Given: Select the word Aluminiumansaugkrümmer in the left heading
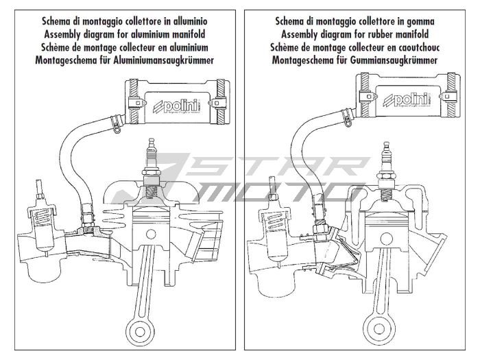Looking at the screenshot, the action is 163,60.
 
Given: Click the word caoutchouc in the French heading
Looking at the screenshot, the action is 419,47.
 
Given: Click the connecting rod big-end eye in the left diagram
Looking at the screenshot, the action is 140,331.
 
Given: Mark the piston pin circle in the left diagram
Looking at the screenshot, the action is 151,235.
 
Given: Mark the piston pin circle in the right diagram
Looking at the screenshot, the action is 387,238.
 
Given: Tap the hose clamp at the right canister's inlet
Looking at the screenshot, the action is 347,117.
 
